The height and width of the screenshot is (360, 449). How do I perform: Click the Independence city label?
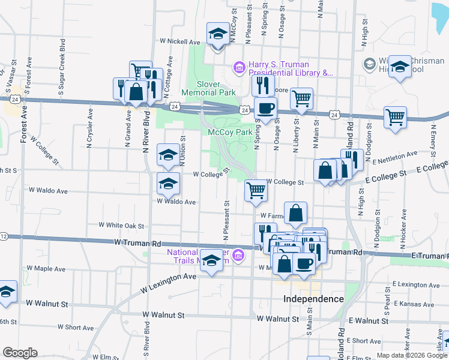pyautogui.click(x=313, y=299)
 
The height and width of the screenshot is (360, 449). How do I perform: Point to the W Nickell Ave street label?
pyautogui.click(x=180, y=43)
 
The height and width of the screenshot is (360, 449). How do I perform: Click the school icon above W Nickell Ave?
pyautogui.click(x=218, y=34)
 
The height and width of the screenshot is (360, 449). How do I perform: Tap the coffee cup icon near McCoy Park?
pyautogui.click(x=265, y=109)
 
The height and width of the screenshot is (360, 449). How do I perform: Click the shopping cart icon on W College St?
pyautogui.click(x=256, y=191)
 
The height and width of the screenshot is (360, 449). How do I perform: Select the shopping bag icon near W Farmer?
pyautogui.click(x=296, y=214)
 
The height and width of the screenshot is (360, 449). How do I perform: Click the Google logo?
pyautogui.click(x=20, y=353)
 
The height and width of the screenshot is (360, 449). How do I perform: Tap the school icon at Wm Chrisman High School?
pyautogui.click(x=399, y=68)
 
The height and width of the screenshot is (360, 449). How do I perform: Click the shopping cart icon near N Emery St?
pyautogui.click(x=395, y=118)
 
